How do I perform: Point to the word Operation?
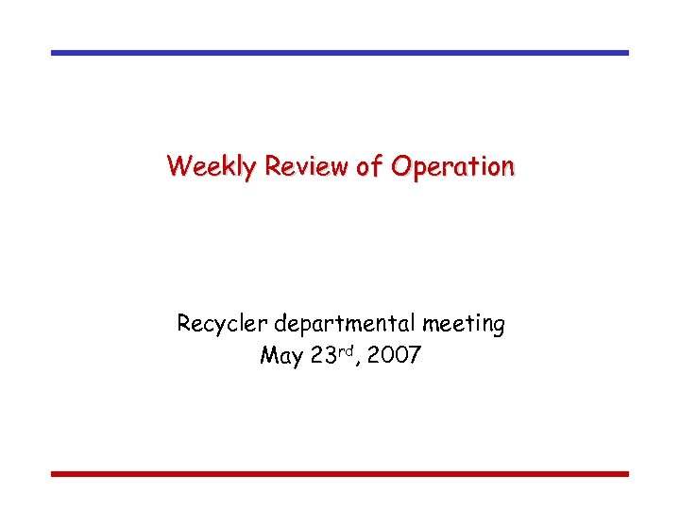tap(453, 168)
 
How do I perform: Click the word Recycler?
tap(223, 325)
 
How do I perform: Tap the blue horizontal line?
tap(340, 53)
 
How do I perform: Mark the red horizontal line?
tap(340, 473)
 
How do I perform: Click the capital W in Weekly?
tap(177, 167)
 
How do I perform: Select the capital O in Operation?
tap(400, 167)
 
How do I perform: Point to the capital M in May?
tap(267, 357)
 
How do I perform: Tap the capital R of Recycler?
tap(184, 324)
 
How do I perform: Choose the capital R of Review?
tap(273, 167)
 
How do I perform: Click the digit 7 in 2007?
tap(415, 357)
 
